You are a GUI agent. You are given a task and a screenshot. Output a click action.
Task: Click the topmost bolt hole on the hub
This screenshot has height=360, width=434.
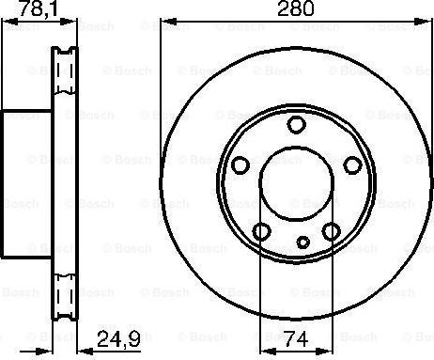pos(296,125)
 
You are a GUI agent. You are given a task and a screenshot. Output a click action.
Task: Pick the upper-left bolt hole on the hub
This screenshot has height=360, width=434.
pos(240,165)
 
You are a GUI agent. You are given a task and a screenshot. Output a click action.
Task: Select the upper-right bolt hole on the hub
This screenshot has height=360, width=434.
pos(351,165)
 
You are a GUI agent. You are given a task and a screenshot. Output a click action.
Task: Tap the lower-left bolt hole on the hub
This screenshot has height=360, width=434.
pos(261,231)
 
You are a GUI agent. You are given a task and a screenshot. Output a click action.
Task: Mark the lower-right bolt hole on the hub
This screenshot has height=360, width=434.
pos(331,231)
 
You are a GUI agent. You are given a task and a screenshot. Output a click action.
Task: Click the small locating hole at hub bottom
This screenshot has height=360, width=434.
pos(302,243)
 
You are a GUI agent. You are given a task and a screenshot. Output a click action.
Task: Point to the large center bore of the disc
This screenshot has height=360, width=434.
pos(295,184)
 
